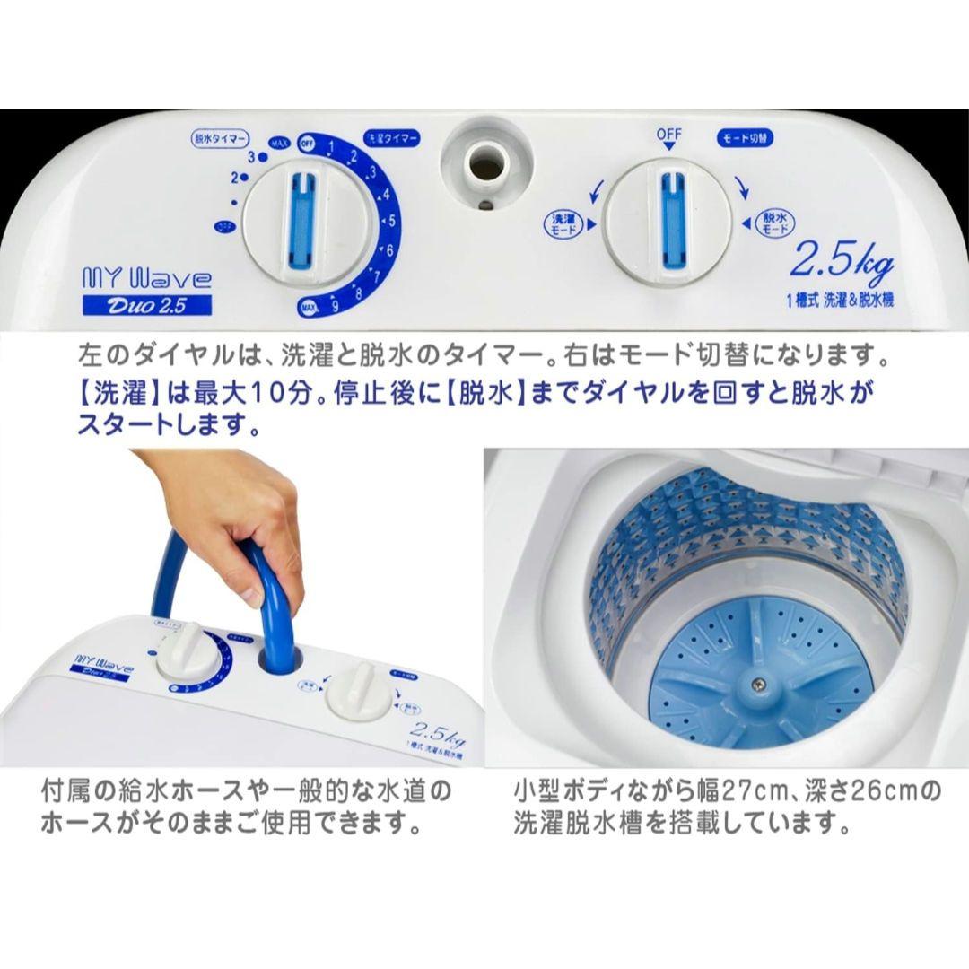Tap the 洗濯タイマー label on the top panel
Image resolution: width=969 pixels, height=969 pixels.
pos(392,139)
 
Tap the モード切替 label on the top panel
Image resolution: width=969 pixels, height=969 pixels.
pos(745,139)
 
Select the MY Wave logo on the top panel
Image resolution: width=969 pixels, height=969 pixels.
pos(146,279)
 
